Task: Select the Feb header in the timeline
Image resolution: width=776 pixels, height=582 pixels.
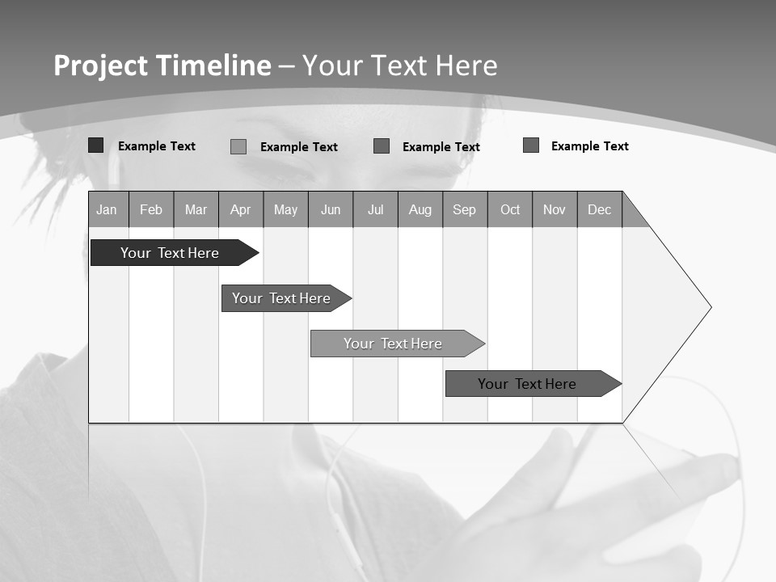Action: click(151, 209)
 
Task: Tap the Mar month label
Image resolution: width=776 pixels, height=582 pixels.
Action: click(196, 209)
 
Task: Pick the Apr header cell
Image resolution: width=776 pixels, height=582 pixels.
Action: click(241, 209)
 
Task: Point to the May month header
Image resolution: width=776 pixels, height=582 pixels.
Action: click(285, 209)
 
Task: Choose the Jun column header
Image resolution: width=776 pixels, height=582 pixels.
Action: click(331, 209)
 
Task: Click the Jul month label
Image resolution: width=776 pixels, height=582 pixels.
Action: click(375, 209)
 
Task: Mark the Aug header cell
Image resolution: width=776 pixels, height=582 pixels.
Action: click(420, 209)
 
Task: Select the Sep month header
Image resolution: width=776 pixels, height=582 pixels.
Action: click(465, 209)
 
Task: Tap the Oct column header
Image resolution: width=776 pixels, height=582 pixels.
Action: click(510, 209)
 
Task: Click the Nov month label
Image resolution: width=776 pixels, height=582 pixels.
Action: click(555, 209)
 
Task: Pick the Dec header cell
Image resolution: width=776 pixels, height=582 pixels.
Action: click(600, 209)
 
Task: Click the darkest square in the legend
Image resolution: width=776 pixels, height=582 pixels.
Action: click(95, 145)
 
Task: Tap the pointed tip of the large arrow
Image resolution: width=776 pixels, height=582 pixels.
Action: click(710, 307)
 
